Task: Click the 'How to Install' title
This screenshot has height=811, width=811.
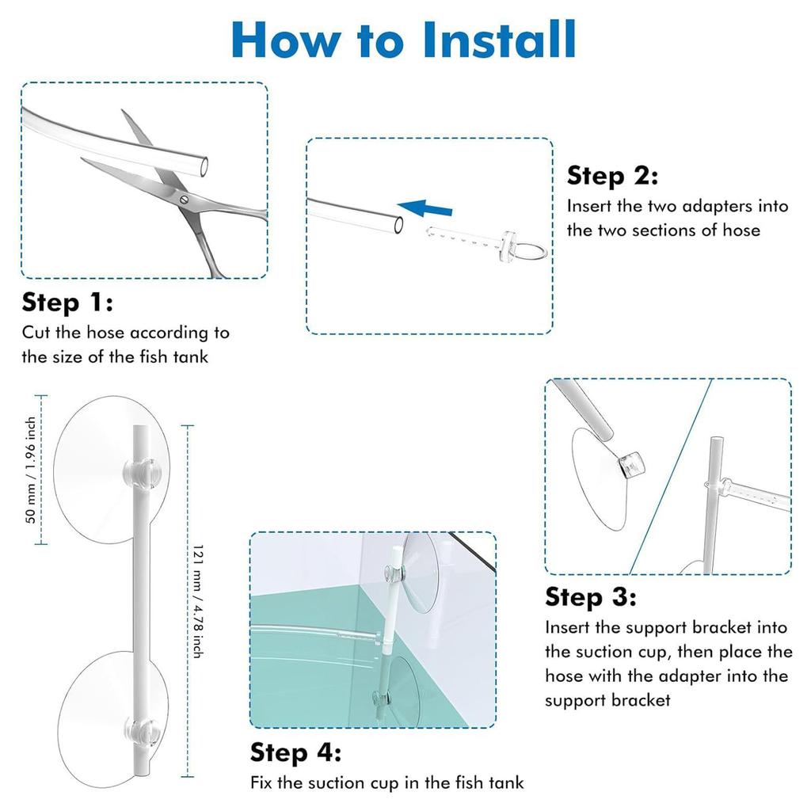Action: tap(403, 40)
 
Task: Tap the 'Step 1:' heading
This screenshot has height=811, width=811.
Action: tap(67, 302)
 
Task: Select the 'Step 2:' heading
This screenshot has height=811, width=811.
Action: tap(612, 175)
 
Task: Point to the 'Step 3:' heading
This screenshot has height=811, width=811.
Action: tap(591, 596)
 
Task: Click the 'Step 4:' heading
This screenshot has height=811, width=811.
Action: tap(296, 752)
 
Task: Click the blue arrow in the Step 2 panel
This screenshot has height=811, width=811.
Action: tap(425, 208)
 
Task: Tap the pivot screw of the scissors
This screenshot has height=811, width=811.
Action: tap(184, 200)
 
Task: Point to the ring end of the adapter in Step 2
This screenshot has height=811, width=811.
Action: tap(531, 252)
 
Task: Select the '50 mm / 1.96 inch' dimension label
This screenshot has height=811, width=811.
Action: tap(31, 470)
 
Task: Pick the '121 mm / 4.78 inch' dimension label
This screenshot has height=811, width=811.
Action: tap(197, 601)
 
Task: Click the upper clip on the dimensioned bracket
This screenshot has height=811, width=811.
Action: tap(140, 472)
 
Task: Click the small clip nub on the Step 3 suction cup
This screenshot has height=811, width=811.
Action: tap(631, 464)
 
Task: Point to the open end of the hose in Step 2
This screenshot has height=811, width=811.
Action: tap(399, 225)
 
